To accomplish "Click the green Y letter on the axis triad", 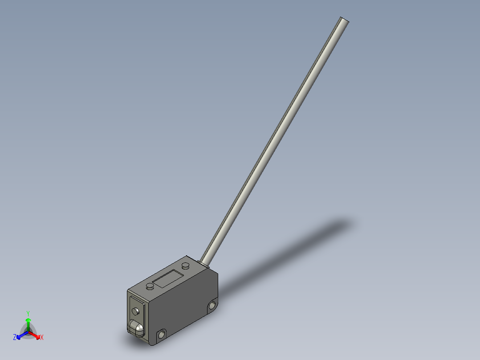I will (28, 313).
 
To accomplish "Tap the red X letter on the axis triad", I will (42, 338).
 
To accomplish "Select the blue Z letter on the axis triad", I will (15, 337).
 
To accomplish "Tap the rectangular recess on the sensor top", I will (167, 279).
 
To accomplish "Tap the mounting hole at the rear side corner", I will (212, 305).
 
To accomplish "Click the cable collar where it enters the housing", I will (204, 262).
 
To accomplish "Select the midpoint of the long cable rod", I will (274, 140).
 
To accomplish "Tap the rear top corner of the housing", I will (187, 257).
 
